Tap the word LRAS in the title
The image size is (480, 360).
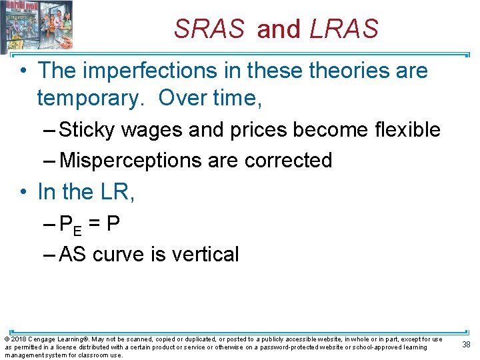344,29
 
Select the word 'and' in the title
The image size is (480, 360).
279,29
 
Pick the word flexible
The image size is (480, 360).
404,129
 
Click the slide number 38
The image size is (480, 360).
467,344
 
